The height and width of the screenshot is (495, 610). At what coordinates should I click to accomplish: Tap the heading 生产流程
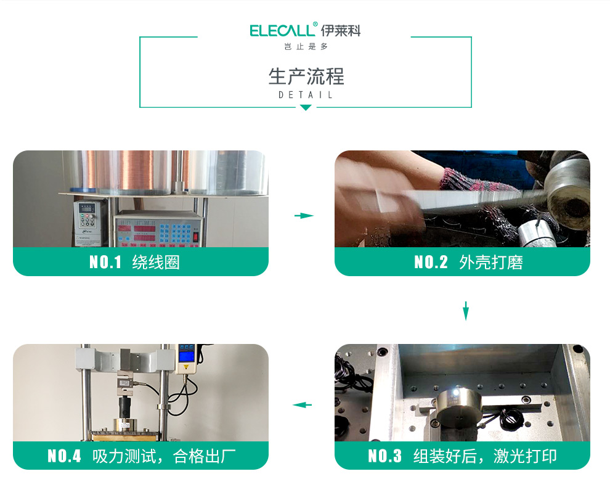[306, 76]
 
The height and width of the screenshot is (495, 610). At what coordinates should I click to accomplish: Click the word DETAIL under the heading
[306, 95]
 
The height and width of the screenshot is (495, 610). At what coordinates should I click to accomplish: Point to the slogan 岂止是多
[306, 47]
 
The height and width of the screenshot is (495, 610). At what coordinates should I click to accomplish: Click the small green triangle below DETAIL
[306, 107]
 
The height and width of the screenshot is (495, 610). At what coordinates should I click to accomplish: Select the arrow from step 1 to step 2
[304, 215]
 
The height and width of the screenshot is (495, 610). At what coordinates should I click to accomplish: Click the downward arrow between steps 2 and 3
[466, 311]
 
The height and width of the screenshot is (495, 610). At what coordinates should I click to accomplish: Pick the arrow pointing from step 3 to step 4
[303, 405]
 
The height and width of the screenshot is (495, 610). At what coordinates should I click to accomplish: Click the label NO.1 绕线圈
[134, 262]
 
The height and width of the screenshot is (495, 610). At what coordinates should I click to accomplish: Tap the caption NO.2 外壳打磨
[468, 262]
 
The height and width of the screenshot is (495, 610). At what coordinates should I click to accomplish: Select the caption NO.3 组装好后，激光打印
[462, 456]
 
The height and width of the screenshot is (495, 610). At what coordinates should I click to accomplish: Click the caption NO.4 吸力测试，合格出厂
[142, 456]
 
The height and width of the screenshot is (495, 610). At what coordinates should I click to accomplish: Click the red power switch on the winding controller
[196, 236]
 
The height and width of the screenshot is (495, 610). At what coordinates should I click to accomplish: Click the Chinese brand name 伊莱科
[341, 30]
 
